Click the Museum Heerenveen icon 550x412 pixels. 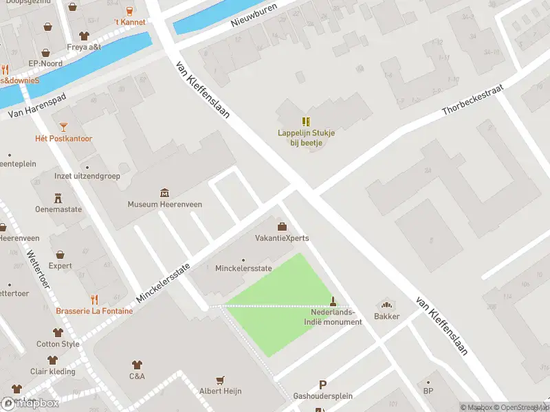point(164,192)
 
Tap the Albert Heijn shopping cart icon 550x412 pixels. point(220,379)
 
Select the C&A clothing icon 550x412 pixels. point(137,365)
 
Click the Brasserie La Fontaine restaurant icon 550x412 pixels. point(94,299)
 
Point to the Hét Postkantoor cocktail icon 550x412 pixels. point(63,126)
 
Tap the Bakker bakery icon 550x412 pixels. point(386,304)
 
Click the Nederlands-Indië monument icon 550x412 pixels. point(333,301)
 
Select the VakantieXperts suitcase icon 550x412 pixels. point(281,227)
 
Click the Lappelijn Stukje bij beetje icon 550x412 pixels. point(306,122)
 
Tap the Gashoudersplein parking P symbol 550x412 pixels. point(322,385)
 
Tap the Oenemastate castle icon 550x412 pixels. point(58,198)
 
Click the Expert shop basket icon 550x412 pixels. point(60,254)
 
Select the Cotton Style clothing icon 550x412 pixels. point(58,332)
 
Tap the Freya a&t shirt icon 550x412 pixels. point(84,36)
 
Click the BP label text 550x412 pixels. point(428,392)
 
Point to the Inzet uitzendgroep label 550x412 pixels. point(87,176)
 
